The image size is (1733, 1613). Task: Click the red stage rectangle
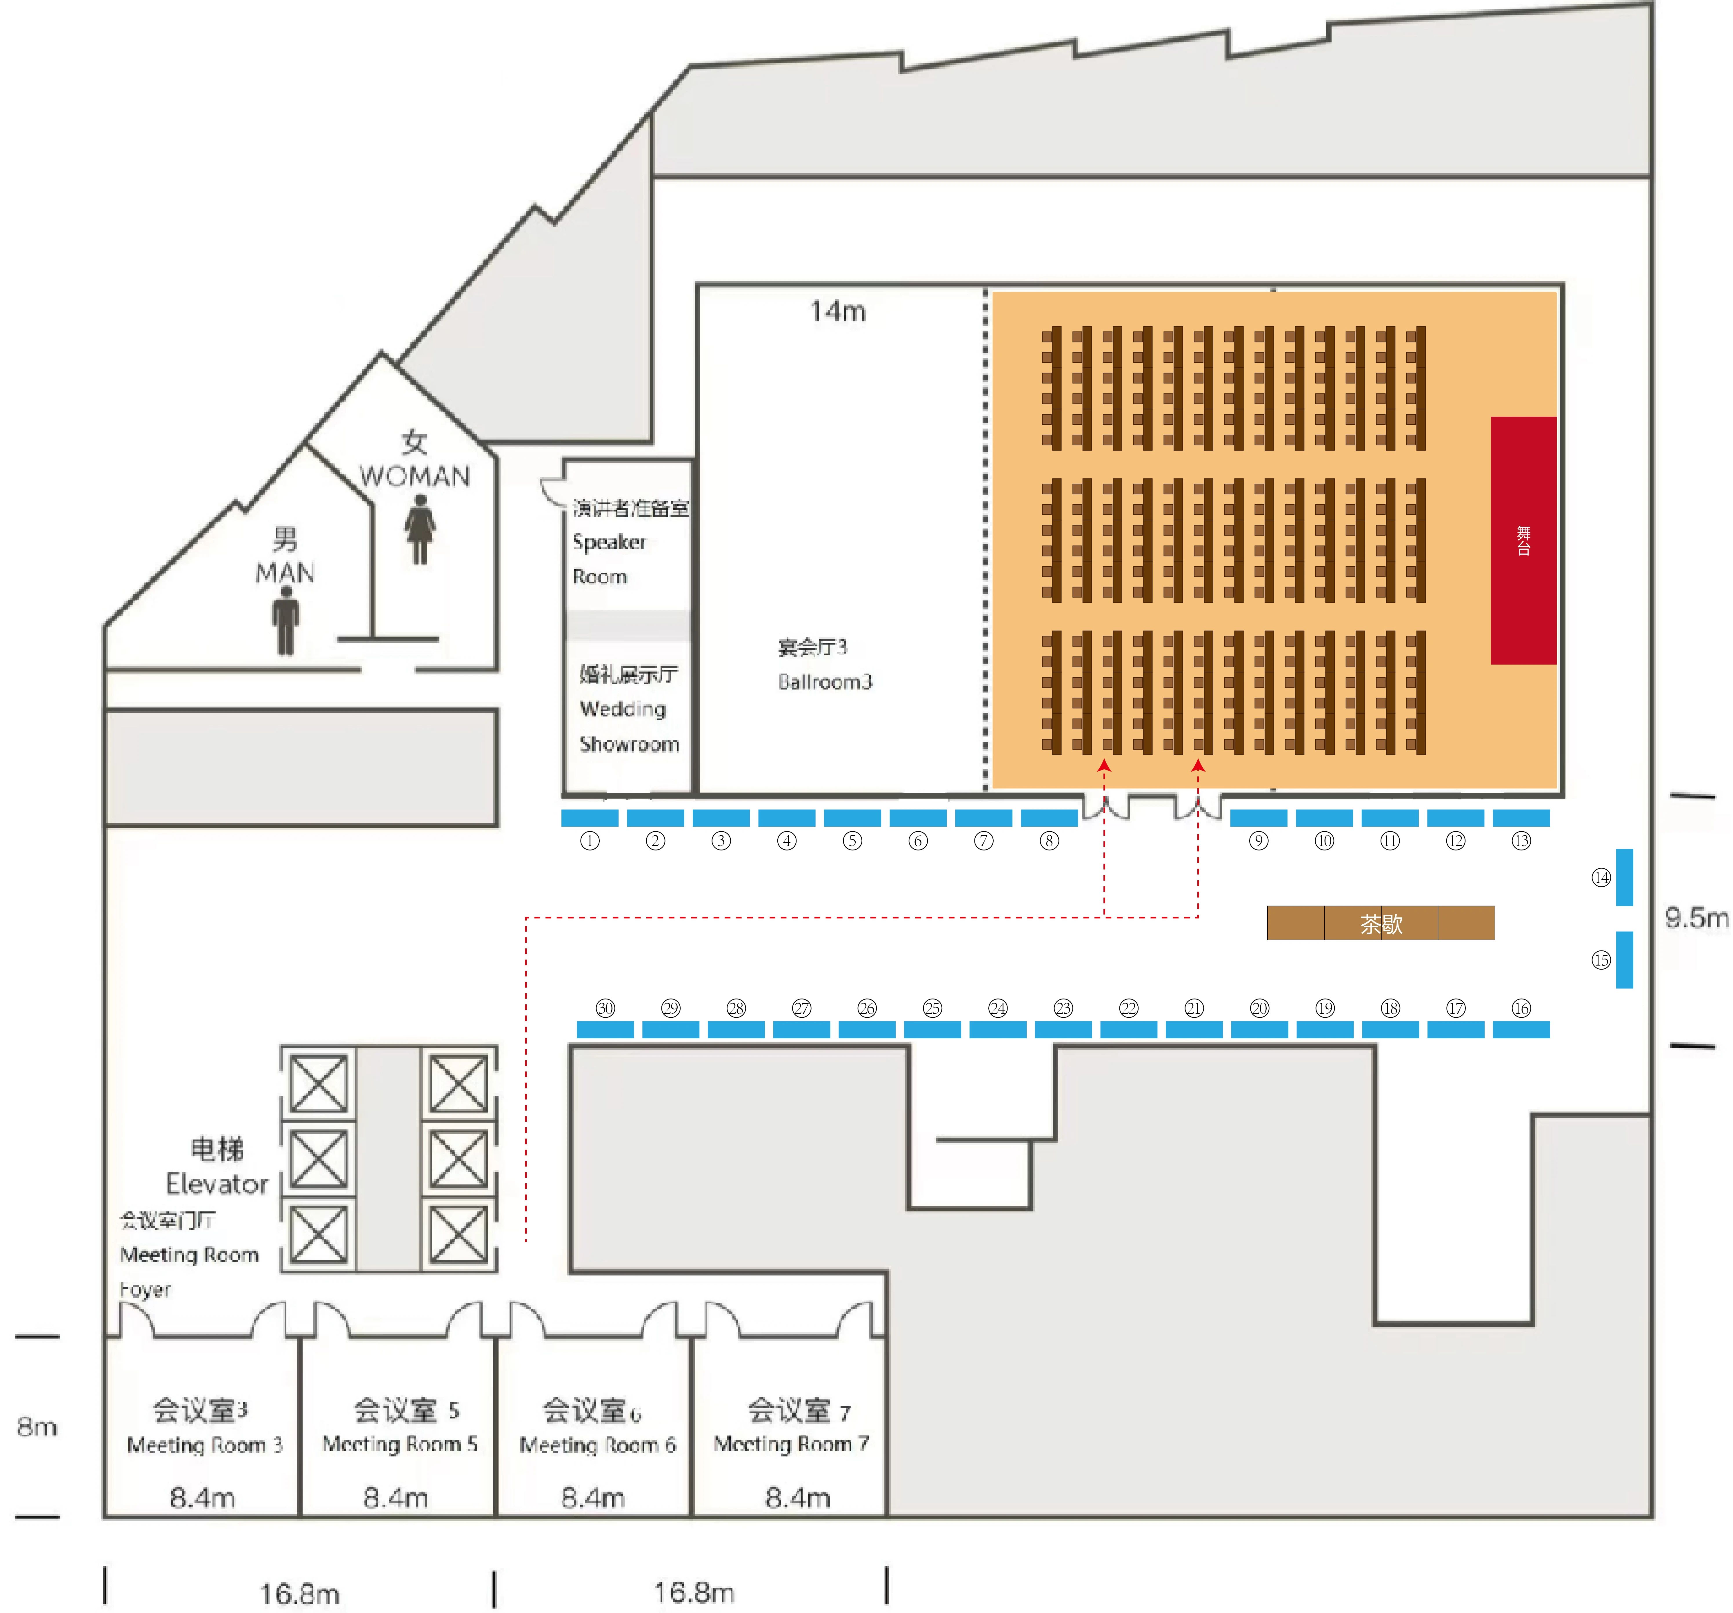pos(1523,540)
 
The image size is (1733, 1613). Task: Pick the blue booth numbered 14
pos(1624,877)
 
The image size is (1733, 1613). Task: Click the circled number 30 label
pos(605,1008)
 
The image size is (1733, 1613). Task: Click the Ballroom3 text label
pos(825,681)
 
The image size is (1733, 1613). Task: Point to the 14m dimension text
pos(838,311)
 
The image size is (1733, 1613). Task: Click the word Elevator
pos(217,1183)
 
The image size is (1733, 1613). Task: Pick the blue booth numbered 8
pos(1049,818)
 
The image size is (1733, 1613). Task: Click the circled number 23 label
pos(1063,1008)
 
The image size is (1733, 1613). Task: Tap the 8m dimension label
pos(37,1426)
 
